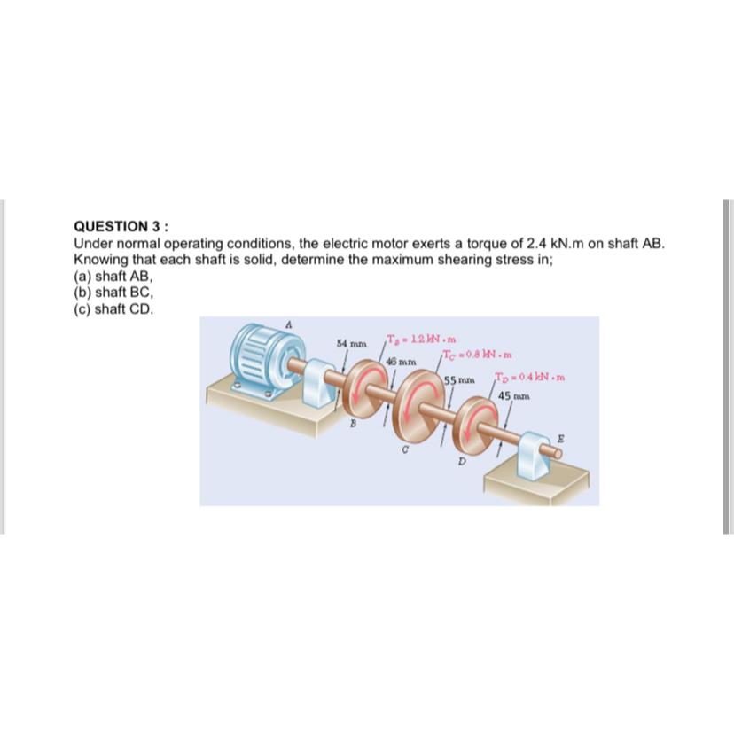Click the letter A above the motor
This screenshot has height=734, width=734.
click(286, 325)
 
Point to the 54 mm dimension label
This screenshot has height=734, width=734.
click(351, 342)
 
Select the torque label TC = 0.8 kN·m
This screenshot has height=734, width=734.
click(477, 356)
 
